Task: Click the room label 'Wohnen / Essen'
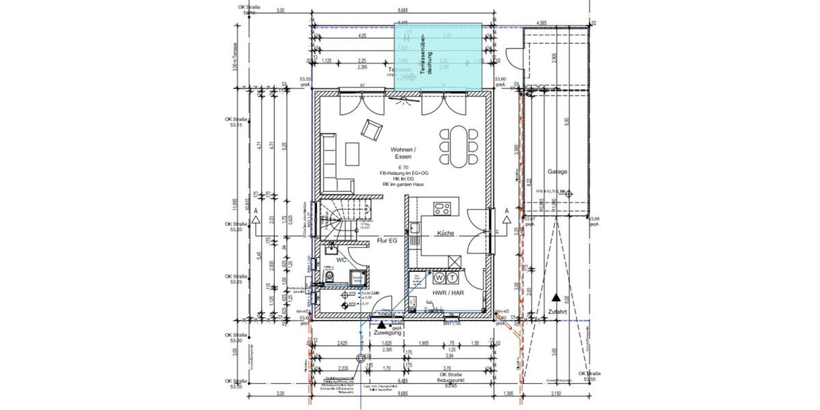403,153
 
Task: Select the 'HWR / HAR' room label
448,292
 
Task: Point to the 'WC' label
339,260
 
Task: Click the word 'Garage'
558,172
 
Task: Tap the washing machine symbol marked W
439,277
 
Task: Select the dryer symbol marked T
452,277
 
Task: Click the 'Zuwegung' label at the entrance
387,333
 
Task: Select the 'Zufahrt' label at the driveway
557,312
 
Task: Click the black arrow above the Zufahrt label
557,299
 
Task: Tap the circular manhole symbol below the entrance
361,357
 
